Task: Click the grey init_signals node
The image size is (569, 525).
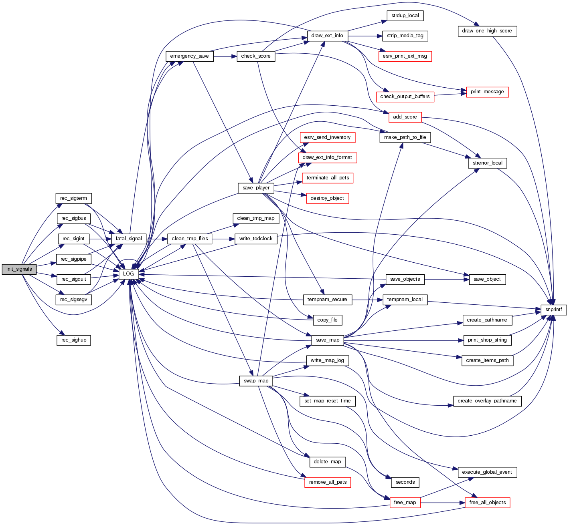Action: [19, 269]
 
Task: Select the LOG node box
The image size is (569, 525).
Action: [128, 274]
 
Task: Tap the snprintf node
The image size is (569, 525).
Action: [553, 310]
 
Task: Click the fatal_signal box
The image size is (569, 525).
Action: [129, 239]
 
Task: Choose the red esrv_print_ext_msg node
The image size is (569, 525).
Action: [405, 56]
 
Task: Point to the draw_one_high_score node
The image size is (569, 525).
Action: [487, 31]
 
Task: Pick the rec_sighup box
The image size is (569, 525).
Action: [74, 340]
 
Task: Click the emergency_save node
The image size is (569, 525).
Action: [189, 56]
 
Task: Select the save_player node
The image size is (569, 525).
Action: [256, 188]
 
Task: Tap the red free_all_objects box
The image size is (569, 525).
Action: [487, 503]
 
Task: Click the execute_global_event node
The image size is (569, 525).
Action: [487, 472]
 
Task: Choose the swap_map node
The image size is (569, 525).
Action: [256, 380]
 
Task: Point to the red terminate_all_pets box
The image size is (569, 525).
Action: [327, 178]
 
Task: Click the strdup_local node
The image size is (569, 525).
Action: [405, 16]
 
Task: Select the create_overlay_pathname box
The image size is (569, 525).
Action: [487, 401]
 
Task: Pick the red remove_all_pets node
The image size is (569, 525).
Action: [327, 482]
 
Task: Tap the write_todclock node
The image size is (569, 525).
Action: [256, 239]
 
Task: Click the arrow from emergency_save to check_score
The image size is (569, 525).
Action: [225, 56]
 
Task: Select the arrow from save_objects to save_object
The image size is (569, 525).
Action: [447, 279]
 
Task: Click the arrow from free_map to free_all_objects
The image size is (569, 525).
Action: [443, 503]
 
